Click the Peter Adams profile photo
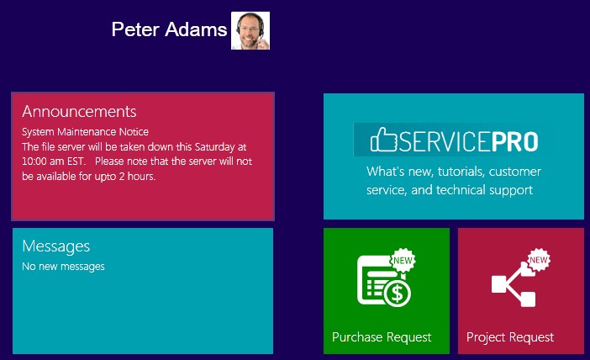pyautogui.click(x=250, y=30)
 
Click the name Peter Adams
pyautogui.click(x=169, y=29)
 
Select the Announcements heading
pyautogui.click(x=79, y=112)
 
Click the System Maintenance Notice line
pyautogui.click(x=85, y=132)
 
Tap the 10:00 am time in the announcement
pyautogui.click(x=43, y=161)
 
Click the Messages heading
pyautogui.click(x=56, y=246)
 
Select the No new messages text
pyautogui.click(x=63, y=267)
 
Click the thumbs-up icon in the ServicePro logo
pyautogui.click(x=383, y=140)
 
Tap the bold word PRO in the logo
pyautogui.click(x=514, y=141)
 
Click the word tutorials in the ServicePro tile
pyautogui.click(x=461, y=172)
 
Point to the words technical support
pyautogui.click(x=484, y=190)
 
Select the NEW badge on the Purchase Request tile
pyautogui.click(x=403, y=260)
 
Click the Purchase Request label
pyautogui.click(x=382, y=337)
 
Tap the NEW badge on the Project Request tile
pyautogui.click(x=539, y=260)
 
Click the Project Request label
pyautogui.click(x=510, y=337)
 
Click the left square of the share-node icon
pyautogui.click(x=499, y=284)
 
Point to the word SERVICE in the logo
pyautogui.click(x=445, y=141)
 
